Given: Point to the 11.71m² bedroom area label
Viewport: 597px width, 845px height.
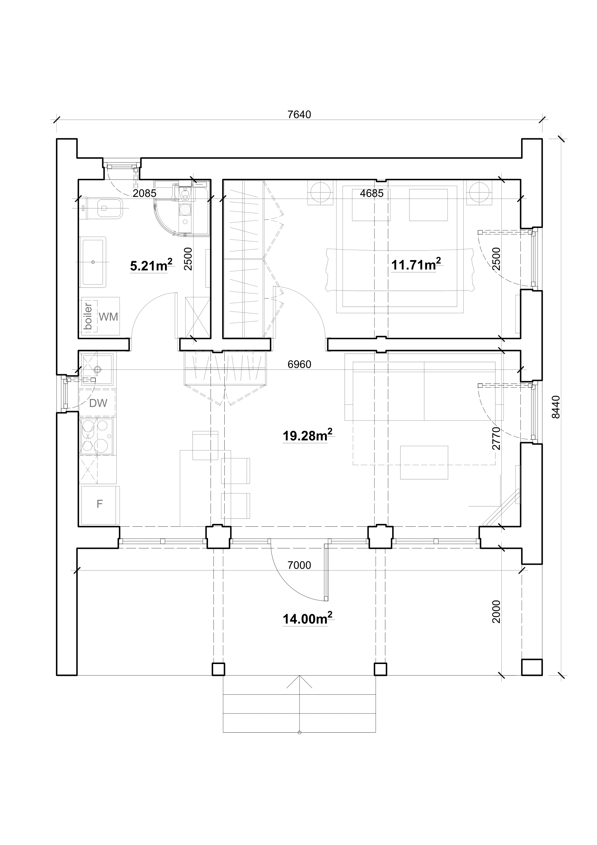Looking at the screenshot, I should click(x=416, y=264).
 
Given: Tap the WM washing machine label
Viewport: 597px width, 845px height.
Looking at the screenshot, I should click(x=108, y=316).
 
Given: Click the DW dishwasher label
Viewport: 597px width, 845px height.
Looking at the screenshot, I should click(x=98, y=404).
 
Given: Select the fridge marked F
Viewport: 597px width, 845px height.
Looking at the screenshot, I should click(x=100, y=505).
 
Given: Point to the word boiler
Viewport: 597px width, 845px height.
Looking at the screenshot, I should click(x=88, y=316).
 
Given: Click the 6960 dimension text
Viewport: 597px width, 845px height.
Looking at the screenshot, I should click(x=299, y=365).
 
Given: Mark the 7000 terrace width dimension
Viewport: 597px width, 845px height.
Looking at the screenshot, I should click(x=299, y=565).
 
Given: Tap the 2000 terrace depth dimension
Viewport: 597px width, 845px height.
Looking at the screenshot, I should click(x=496, y=611).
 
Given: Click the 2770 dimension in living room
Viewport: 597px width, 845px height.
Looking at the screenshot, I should click(x=496, y=438).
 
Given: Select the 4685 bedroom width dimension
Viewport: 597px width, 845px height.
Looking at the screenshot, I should click(x=372, y=193).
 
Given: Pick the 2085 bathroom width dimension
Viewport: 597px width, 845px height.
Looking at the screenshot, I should click(x=144, y=193).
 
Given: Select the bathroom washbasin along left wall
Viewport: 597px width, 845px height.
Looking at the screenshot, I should click(x=93, y=262).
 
